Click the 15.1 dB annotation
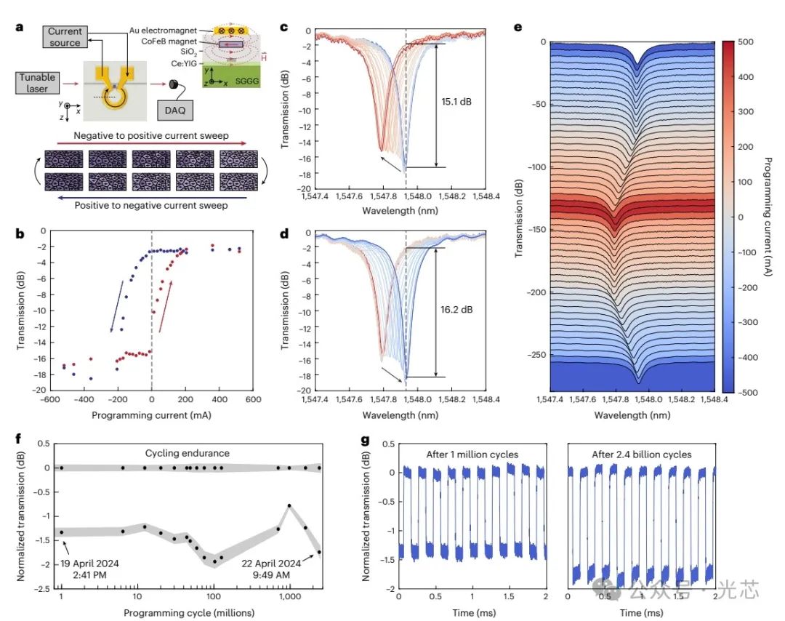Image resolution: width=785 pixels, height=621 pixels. point(456,102)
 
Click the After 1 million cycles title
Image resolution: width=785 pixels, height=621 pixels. point(472,454)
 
